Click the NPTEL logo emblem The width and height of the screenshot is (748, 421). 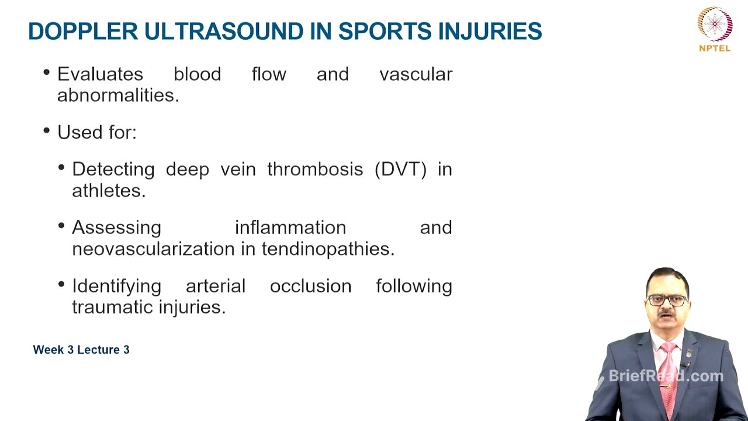click(x=715, y=24)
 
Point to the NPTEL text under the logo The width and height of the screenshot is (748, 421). click(x=715, y=49)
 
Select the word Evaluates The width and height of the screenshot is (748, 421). click(x=100, y=74)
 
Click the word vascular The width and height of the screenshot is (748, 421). click(x=415, y=74)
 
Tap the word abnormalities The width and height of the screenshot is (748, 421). click(x=117, y=95)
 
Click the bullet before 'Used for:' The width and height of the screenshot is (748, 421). click(x=47, y=131)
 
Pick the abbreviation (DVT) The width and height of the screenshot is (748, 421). click(x=400, y=170)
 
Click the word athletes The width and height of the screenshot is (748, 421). click(x=108, y=191)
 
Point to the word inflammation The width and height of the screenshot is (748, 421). click(x=290, y=227)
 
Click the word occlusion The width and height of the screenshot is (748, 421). click(x=310, y=287)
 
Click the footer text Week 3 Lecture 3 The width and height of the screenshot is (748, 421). click(x=81, y=350)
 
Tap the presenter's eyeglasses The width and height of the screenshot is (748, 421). click(x=668, y=300)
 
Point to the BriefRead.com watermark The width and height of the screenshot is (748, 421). click(x=666, y=376)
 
